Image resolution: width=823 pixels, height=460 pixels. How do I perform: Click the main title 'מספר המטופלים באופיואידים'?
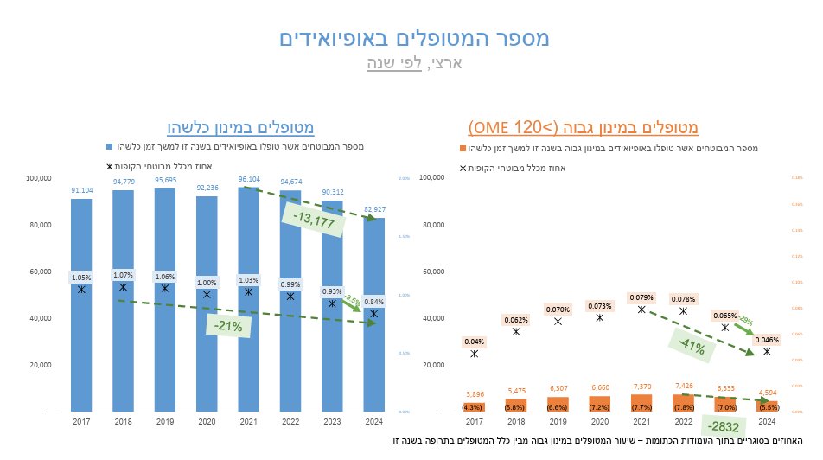[414, 38]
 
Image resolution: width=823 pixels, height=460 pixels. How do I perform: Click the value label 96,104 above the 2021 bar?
[249, 179]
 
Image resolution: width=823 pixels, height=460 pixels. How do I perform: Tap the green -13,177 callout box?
[313, 220]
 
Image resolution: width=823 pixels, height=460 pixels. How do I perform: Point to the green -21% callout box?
[229, 325]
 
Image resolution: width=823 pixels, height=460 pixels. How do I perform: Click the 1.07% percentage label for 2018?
[123, 275]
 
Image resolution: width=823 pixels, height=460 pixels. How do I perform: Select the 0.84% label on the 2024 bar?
[373, 302]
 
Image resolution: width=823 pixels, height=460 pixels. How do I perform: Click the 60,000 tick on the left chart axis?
[39, 272]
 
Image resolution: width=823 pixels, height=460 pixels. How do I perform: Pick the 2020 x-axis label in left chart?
[207, 421]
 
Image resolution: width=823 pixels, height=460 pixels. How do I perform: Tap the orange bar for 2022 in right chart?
[683, 403]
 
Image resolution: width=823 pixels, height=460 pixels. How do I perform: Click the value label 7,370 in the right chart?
[641, 387]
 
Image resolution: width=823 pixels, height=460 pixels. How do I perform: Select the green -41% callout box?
[691, 348]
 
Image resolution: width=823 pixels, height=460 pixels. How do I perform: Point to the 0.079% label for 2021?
[641, 297]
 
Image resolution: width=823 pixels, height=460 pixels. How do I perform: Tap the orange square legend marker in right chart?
[464, 149]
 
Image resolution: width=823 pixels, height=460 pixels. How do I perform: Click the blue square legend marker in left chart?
[109, 146]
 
